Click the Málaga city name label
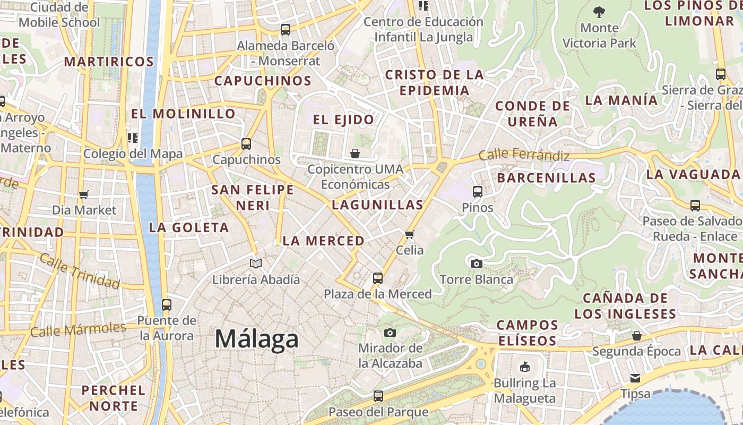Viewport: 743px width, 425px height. (257, 339)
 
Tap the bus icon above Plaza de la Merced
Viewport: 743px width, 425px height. (378, 278)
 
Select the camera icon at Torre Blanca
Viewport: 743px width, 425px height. (477, 263)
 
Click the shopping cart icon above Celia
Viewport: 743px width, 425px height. (409, 234)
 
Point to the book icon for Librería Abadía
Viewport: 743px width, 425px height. (256, 263)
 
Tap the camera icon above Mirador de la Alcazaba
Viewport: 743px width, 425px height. (390, 333)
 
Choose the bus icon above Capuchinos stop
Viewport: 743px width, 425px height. (246, 143)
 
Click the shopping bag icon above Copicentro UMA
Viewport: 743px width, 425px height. (355, 154)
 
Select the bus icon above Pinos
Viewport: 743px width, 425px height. (478, 192)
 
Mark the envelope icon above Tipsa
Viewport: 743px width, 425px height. (635, 378)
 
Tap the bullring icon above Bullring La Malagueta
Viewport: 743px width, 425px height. (524, 367)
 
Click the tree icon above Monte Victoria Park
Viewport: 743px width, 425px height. (599, 11)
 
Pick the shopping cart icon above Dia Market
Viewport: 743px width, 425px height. (83, 194)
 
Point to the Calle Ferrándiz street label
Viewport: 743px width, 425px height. (524, 155)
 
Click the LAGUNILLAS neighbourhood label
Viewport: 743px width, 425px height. (377, 205)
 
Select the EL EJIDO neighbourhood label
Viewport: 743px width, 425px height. (343, 120)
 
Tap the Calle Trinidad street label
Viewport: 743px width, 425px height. (79, 271)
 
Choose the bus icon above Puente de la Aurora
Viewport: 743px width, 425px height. (167, 304)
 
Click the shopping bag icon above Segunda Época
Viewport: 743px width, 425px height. (636, 336)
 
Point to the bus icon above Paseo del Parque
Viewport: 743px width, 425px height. (378, 396)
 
